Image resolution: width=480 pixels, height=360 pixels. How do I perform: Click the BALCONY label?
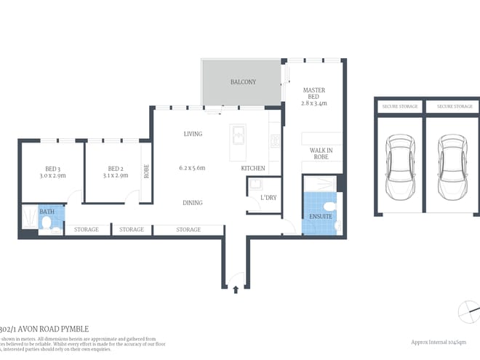243,82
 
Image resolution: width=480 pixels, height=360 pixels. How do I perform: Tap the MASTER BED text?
314,95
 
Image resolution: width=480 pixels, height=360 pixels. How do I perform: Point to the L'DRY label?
258,197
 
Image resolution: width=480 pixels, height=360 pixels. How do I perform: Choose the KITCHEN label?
252,168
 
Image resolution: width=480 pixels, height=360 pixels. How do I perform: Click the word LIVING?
193,134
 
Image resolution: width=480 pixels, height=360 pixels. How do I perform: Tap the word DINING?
193,203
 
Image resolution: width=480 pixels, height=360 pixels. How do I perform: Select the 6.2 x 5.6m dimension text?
192,168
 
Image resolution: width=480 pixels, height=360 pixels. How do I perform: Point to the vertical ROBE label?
146,172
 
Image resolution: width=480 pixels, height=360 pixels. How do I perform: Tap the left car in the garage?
398,167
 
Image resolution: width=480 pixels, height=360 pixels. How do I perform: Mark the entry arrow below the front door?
236,289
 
